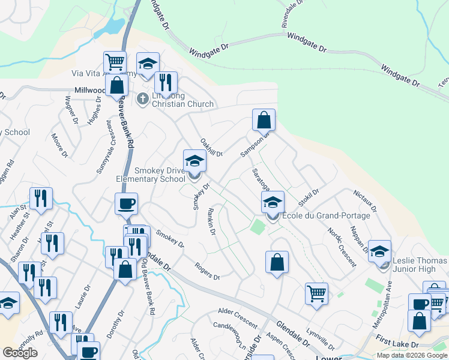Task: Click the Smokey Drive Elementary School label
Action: point(151,175)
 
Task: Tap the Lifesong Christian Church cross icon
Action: point(142,98)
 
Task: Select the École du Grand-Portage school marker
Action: point(273,203)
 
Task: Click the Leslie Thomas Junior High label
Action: point(420,265)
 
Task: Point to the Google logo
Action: point(20,353)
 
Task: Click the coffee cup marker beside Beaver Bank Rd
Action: point(126,204)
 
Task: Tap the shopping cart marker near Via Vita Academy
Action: point(115,61)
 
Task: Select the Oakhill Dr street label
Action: point(211,146)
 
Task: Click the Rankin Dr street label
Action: point(211,221)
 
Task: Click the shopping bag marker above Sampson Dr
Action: point(264,120)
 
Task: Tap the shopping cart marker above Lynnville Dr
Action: point(316,294)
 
